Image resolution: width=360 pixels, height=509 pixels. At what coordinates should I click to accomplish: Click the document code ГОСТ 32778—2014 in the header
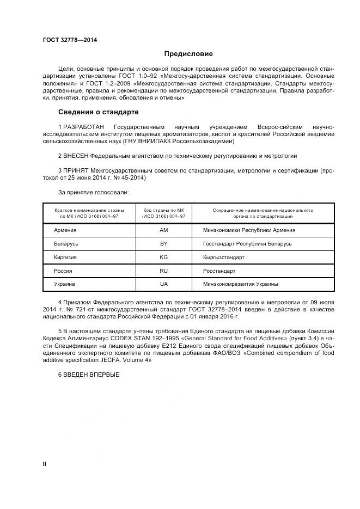click(66, 40)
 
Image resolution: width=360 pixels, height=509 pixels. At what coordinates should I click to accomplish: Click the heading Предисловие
click(188, 54)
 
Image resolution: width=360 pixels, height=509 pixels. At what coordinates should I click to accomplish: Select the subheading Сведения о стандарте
click(98, 112)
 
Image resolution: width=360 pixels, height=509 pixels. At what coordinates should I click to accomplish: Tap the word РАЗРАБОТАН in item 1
click(82, 127)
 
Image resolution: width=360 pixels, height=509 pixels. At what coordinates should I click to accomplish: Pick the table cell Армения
click(65, 230)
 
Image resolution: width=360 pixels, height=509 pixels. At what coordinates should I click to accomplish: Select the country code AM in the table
click(163, 230)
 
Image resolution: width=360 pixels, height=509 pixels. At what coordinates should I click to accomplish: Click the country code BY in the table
click(163, 244)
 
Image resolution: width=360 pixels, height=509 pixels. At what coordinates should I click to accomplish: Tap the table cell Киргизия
click(65, 257)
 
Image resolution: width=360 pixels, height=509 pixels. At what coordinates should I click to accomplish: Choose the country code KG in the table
click(163, 257)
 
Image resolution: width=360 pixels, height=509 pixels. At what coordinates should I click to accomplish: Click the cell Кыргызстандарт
click(224, 257)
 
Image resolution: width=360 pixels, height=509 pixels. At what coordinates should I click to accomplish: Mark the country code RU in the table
click(163, 271)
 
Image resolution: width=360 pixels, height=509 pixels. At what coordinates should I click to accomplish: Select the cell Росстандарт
click(219, 271)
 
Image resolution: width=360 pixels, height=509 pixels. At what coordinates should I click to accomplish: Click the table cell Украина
click(64, 284)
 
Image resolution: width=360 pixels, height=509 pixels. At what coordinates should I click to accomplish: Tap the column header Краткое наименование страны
click(89, 210)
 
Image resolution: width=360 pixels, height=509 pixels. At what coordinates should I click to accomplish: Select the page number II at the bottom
click(45, 463)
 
